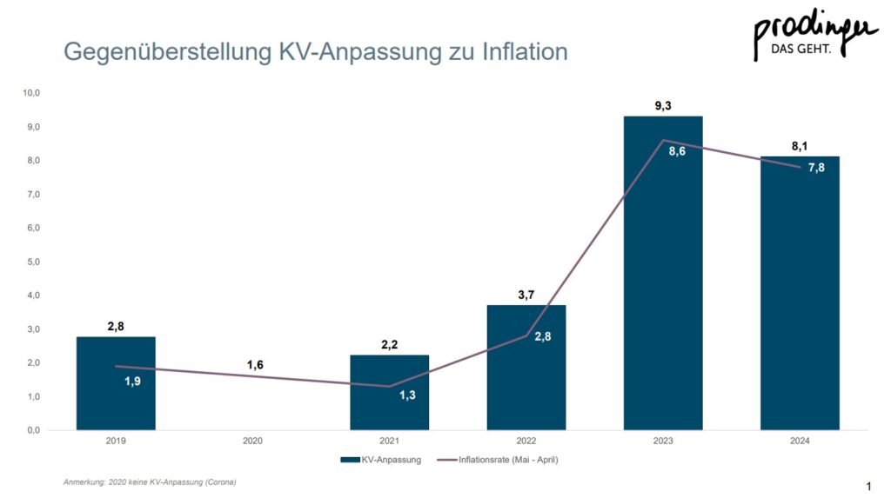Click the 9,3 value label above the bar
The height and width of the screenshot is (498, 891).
click(663, 105)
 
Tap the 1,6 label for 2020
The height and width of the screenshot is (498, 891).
click(254, 365)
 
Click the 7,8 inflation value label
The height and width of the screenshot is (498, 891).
click(816, 168)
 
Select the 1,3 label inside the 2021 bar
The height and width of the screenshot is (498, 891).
click(407, 395)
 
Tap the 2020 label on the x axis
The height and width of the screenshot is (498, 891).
click(252, 442)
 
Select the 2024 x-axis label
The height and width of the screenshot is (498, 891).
click(800, 442)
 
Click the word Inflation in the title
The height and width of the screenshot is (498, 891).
click(524, 52)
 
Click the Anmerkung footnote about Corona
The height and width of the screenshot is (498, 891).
click(150, 481)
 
